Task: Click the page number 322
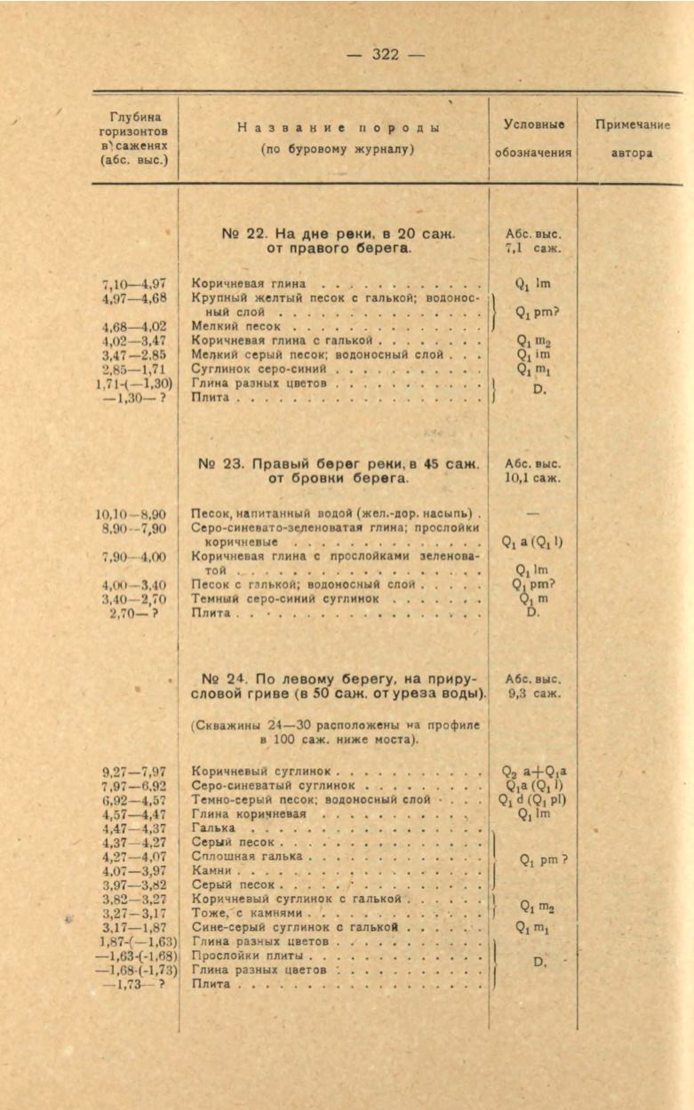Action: [385, 55]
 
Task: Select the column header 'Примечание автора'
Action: [632, 139]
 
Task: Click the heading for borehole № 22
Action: [338, 241]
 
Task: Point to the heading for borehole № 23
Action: [339, 471]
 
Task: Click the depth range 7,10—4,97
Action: [134, 284]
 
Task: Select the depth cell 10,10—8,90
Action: [131, 514]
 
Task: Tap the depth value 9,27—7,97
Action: [134, 772]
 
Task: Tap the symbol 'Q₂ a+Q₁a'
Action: [535, 772]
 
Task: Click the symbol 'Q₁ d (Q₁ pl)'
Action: [533, 799]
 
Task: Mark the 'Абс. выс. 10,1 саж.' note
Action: [533, 471]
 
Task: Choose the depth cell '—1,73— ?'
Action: [131, 984]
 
